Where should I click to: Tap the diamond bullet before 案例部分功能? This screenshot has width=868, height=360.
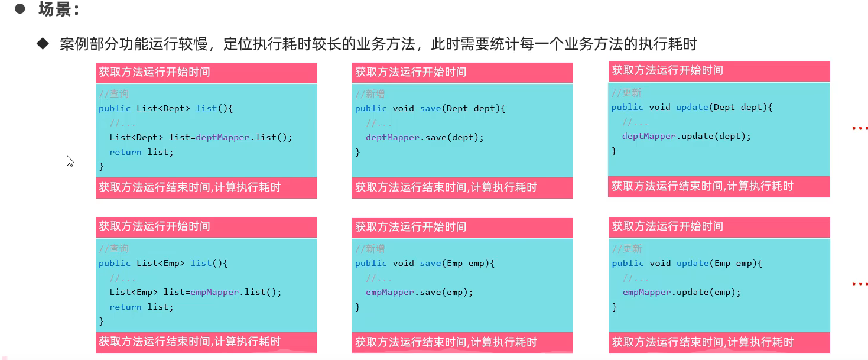click(x=43, y=44)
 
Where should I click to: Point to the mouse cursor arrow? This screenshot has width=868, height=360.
click(x=70, y=161)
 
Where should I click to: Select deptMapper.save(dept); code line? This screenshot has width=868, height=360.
click(x=424, y=137)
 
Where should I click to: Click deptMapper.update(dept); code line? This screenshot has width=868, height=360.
click(x=686, y=136)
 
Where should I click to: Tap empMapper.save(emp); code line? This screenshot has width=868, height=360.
click(x=420, y=292)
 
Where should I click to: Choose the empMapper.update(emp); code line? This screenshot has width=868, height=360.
click(x=681, y=292)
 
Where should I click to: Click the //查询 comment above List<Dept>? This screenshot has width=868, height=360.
click(x=113, y=94)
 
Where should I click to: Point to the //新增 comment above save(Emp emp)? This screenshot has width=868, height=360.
click(x=370, y=249)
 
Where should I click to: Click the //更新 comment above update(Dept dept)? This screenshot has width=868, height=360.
click(x=626, y=93)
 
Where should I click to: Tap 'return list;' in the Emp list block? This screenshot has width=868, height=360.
click(x=141, y=307)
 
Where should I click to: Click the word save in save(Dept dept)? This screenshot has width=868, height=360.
click(x=431, y=108)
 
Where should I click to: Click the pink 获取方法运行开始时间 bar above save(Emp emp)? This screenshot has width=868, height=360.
click(x=462, y=227)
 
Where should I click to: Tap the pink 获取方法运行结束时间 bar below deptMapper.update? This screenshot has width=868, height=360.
click(x=719, y=187)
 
